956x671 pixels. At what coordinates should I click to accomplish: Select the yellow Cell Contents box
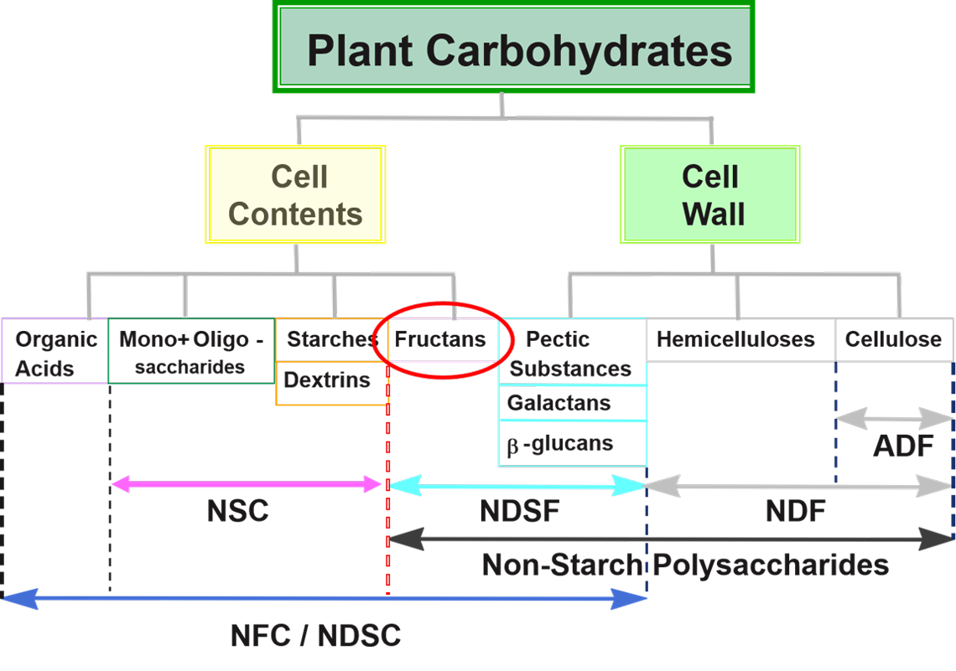pyautogui.click(x=295, y=194)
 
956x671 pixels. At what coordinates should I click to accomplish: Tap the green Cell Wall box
pyautogui.click(x=709, y=194)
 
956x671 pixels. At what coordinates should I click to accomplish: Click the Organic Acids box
pyautogui.click(x=55, y=352)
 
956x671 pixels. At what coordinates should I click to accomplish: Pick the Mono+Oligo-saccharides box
pyautogui.click(x=191, y=352)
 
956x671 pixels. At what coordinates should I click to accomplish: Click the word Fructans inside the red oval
pyautogui.click(x=440, y=340)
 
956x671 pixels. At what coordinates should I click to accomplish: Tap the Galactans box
pyautogui.click(x=572, y=403)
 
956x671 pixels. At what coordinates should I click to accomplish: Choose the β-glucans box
pyautogui.click(x=572, y=443)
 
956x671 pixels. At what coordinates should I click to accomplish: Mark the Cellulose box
pyautogui.click(x=894, y=340)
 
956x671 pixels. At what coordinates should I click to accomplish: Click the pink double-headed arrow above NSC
pyautogui.click(x=247, y=483)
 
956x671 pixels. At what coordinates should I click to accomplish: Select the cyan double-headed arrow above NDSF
pyautogui.click(x=518, y=485)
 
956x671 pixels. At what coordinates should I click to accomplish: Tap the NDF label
pyautogui.click(x=796, y=511)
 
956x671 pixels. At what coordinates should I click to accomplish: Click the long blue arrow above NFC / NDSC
pyautogui.click(x=325, y=598)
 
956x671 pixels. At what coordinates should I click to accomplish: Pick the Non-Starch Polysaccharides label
pyautogui.click(x=685, y=565)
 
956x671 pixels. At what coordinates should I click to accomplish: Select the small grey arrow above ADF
pyautogui.click(x=894, y=417)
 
